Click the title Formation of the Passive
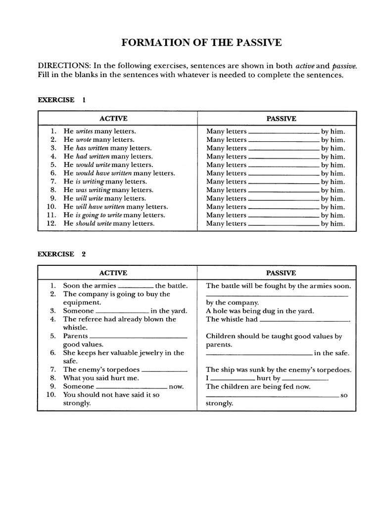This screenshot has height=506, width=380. point(201,43)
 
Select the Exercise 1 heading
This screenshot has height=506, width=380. point(62,100)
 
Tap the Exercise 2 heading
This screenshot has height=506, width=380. point(62,254)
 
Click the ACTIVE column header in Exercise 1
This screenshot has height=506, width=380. point(113,119)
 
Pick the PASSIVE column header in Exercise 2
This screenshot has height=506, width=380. point(281,273)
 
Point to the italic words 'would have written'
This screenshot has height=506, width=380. point(104,173)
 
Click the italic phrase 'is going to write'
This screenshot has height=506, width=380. point(98,215)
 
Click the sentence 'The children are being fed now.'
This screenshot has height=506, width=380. point(258,387)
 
